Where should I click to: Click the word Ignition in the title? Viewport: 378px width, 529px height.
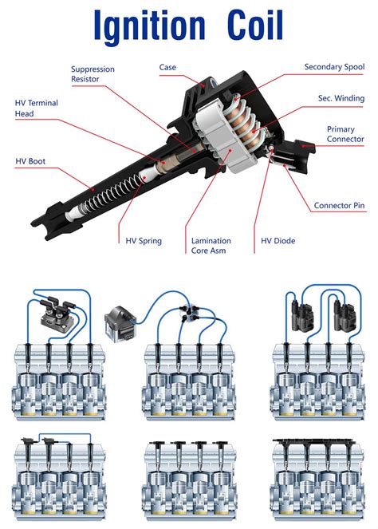click(150, 27)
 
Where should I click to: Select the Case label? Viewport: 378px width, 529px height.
click(167, 68)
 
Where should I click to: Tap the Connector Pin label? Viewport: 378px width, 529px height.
click(339, 205)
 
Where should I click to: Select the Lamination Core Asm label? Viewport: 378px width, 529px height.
click(211, 245)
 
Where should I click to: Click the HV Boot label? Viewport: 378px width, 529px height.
click(32, 160)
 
